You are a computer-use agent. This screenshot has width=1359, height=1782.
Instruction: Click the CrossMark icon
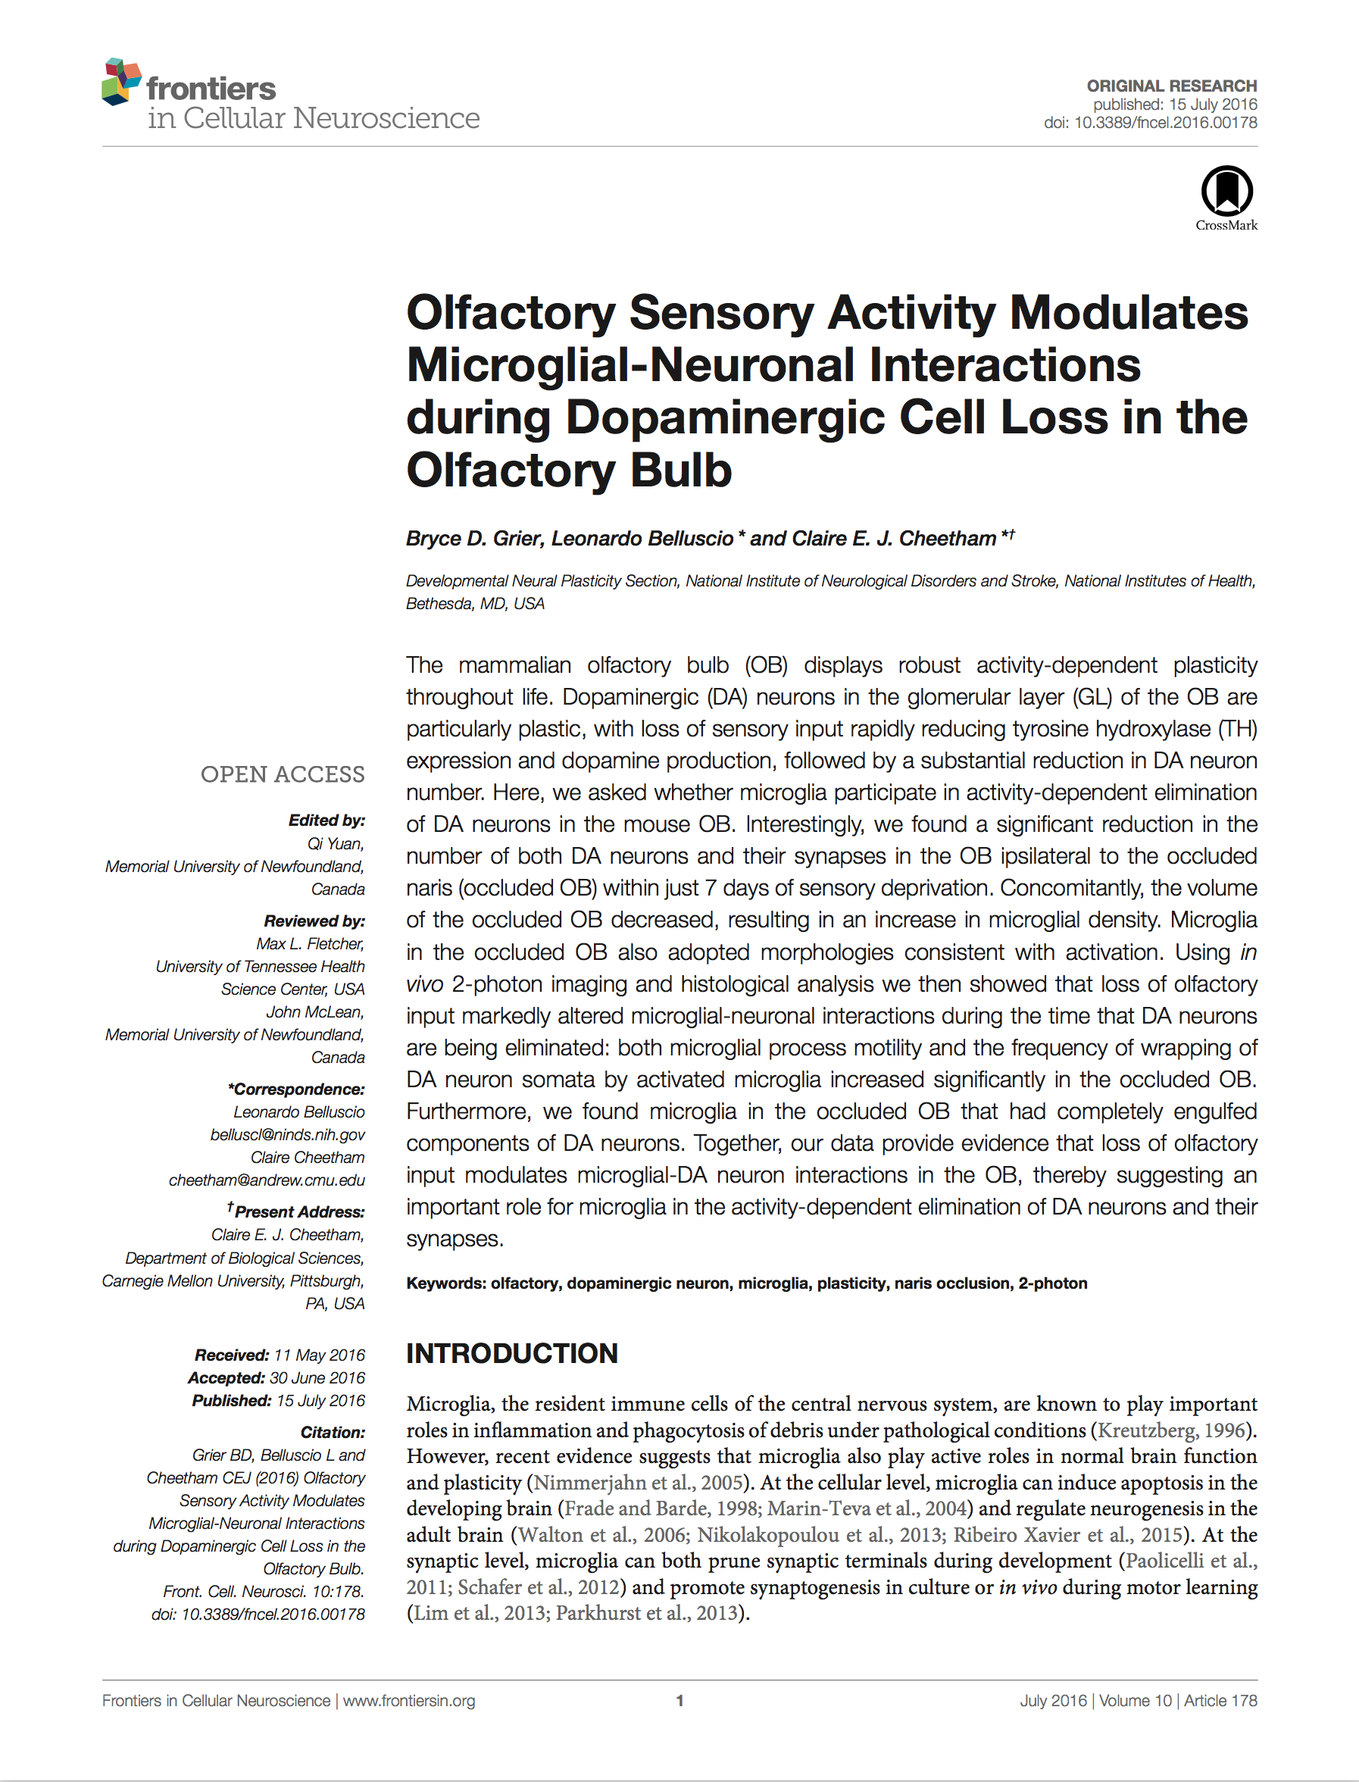point(1226,192)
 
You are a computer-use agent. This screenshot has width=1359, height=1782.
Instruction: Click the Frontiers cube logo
point(121,82)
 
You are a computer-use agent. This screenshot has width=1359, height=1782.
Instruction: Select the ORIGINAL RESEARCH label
point(1171,86)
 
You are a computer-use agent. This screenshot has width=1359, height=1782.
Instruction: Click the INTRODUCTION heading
point(511,1353)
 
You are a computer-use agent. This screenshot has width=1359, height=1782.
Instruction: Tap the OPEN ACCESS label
point(283,774)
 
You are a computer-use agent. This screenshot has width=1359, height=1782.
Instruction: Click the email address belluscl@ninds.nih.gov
point(287,1134)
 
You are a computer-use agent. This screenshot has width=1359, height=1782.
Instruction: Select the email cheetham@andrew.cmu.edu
point(267,1180)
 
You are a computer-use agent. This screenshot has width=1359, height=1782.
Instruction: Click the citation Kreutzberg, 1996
point(1170,1430)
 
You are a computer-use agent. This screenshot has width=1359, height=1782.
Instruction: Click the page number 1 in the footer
point(679,1700)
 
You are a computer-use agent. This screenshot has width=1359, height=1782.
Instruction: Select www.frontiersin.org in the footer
point(408,1700)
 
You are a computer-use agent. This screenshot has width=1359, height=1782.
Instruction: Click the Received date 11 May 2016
point(319,1355)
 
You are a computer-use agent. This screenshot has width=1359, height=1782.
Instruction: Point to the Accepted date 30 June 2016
point(317,1377)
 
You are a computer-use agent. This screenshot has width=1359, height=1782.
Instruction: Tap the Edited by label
point(326,821)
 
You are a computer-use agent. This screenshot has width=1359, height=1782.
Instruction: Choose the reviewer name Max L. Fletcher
point(310,943)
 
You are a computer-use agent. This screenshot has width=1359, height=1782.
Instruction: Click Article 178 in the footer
point(1220,1700)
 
